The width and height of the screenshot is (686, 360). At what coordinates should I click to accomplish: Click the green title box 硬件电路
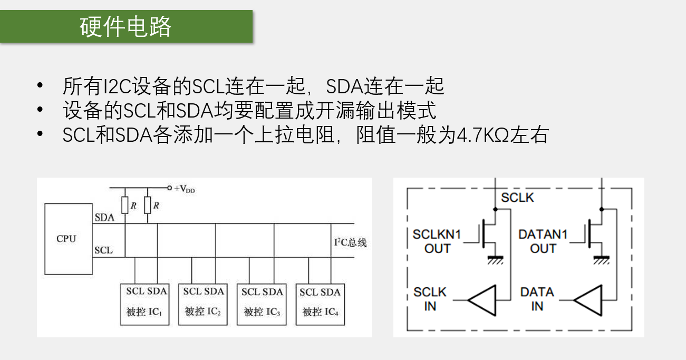point(126,26)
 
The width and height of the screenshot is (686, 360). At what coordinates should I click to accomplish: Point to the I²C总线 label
point(350,242)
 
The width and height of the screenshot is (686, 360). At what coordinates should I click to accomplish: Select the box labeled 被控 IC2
point(204,304)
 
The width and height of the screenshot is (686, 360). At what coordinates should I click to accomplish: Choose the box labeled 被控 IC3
point(262,304)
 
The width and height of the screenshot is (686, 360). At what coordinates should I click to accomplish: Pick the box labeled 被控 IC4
point(321,304)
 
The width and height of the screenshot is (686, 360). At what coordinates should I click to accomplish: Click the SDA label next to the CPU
point(104,218)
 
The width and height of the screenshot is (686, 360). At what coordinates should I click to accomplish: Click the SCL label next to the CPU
point(104,250)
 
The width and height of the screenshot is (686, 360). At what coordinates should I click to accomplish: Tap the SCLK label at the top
point(517,198)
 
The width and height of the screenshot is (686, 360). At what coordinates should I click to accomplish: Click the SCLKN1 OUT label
point(437,241)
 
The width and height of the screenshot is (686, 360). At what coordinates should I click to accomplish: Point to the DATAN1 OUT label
point(543,241)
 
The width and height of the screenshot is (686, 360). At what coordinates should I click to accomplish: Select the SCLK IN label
point(430,299)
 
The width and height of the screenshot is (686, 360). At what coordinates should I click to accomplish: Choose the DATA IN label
point(537,299)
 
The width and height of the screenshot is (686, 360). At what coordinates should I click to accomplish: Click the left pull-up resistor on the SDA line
point(125,205)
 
